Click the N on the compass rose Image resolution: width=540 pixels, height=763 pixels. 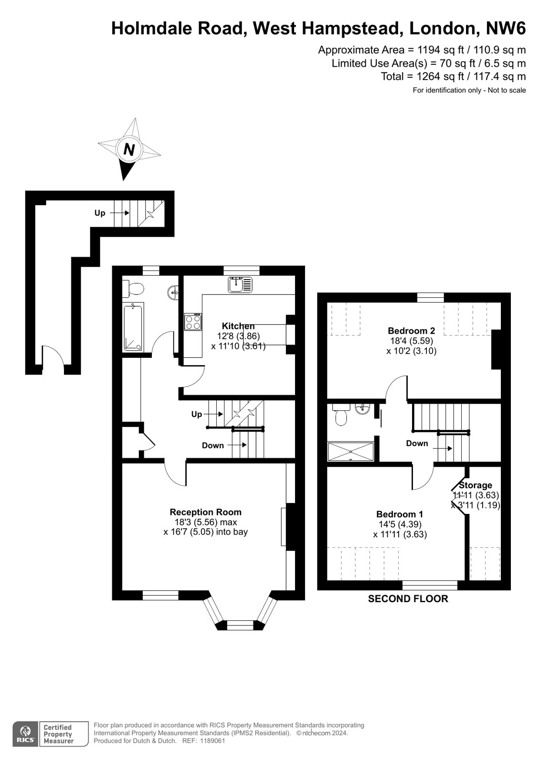click(129, 149)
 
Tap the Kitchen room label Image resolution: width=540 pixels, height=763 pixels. click(238, 326)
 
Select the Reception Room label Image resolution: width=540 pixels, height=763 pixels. click(206, 512)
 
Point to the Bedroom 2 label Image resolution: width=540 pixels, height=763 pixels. click(411, 331)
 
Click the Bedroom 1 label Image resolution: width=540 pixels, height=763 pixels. click(400, 514)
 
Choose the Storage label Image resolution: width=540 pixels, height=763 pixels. click(476, 485)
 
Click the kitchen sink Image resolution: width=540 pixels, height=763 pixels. click(240, 285)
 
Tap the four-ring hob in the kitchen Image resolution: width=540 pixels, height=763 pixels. click(193, 322)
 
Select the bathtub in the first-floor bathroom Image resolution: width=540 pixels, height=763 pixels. click(133, 327)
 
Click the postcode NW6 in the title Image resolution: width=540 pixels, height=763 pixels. click(506, 28)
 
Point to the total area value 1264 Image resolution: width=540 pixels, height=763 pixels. click(428, 76)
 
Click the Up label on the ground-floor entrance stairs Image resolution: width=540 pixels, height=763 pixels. click(100, 213)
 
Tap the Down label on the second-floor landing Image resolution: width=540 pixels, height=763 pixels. click(417, 443)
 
